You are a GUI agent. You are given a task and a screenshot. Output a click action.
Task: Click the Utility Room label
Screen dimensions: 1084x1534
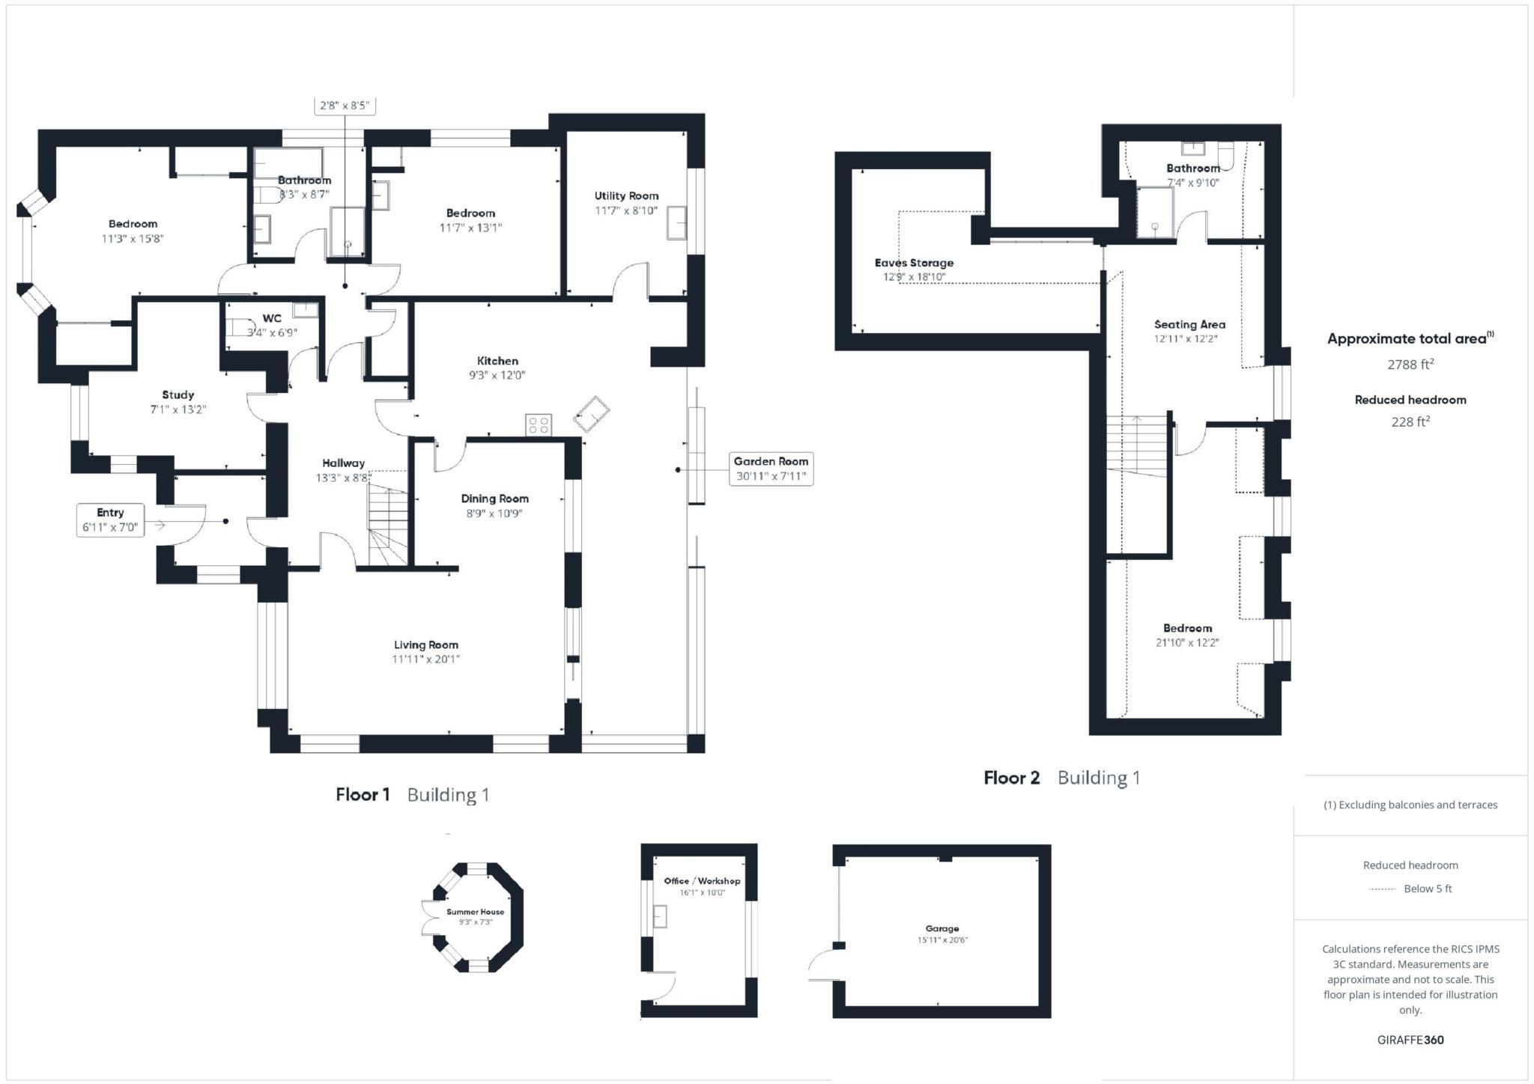coord(626,196)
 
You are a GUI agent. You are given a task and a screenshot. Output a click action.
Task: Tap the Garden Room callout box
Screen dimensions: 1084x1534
coord(771,469)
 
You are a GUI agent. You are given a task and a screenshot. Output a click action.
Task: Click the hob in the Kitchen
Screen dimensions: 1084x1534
coord(539,425)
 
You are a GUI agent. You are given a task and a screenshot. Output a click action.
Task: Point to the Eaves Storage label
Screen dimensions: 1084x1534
coord(914,263)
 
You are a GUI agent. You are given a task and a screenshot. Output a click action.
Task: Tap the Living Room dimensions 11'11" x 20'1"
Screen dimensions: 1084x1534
coord(425,660)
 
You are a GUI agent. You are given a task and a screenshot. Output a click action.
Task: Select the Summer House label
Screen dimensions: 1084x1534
coord(475,912)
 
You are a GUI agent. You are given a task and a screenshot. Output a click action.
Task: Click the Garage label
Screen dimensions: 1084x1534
coord(942,928)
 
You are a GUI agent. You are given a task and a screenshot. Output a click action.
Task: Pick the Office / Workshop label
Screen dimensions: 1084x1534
coord(702,881)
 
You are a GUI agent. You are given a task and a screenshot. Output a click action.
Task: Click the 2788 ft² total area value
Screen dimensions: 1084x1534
coord(1410,365)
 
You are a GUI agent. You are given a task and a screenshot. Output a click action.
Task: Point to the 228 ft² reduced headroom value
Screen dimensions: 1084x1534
coord(1410,422)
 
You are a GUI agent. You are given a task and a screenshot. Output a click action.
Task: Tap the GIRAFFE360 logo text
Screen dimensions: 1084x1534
coord(1410,1040)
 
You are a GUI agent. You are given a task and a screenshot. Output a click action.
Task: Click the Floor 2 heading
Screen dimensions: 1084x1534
coord(1011,778)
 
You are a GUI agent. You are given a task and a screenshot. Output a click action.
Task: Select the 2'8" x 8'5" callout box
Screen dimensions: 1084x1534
coord(345,106)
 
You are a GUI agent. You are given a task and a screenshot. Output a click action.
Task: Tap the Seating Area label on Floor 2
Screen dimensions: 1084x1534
coord(1189,324)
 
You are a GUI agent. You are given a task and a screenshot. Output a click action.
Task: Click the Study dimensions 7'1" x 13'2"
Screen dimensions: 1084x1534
coord(178,409)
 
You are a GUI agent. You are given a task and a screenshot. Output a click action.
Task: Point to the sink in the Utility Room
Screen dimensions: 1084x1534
coord(676,222)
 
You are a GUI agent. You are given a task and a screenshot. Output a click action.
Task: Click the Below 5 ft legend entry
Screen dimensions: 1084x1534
coord(1427,889)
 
